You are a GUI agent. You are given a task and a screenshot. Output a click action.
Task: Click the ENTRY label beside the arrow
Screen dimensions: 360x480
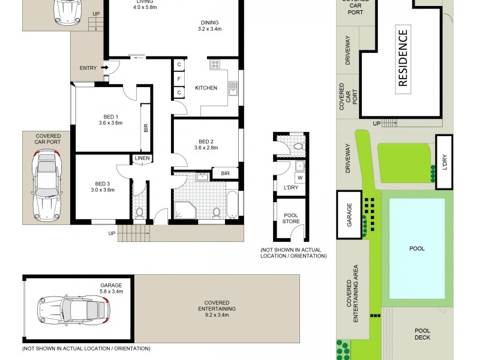click(x=88, y=68)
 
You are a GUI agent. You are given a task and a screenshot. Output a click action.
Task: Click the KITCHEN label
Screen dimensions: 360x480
click(x=206, y=88)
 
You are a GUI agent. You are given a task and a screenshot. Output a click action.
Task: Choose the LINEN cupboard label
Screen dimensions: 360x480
click(x=142, y=158)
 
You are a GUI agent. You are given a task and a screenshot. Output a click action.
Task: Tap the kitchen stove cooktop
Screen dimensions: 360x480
click(x=215, y=65)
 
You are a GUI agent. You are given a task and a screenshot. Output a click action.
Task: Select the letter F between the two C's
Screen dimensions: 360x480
click(x=179, y=79)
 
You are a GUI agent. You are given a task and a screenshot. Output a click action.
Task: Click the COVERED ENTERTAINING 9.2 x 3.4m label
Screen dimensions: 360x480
click(x=219, y=308)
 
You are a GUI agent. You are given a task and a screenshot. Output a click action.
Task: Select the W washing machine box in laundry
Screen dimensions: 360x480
click(x=299, y=178)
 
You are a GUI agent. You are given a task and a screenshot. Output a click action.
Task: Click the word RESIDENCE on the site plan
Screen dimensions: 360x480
click(x=403, y=58)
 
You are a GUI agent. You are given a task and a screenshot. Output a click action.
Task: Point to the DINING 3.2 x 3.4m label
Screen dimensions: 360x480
click(x=211, y=26)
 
